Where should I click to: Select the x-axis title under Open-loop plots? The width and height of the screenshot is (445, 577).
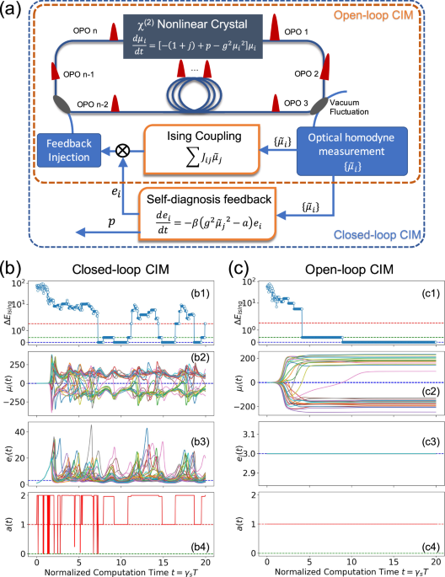click(x=346, y=571)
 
